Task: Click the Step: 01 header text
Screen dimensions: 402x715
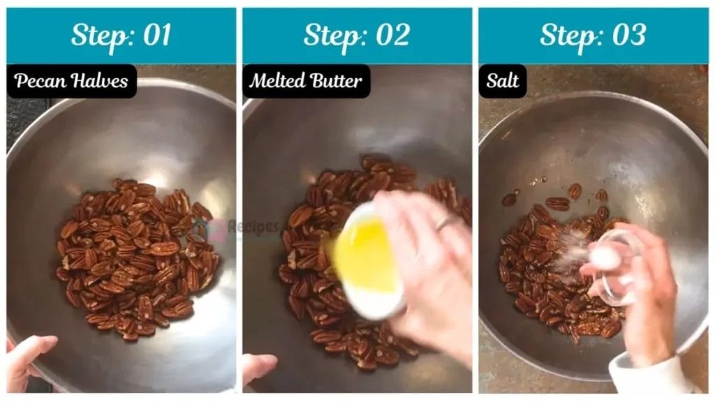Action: click(121, 35)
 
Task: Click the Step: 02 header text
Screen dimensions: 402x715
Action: click(357, 35)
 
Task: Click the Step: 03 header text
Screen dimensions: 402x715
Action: click(593, 35)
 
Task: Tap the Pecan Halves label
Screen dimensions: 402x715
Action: click(71, 82)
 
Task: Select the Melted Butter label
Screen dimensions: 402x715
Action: click(306, 82)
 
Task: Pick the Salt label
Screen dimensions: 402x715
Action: click(503, 82)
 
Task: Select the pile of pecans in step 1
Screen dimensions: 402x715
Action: click(136, 258)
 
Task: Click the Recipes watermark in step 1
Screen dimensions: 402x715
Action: click(258, 227)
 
